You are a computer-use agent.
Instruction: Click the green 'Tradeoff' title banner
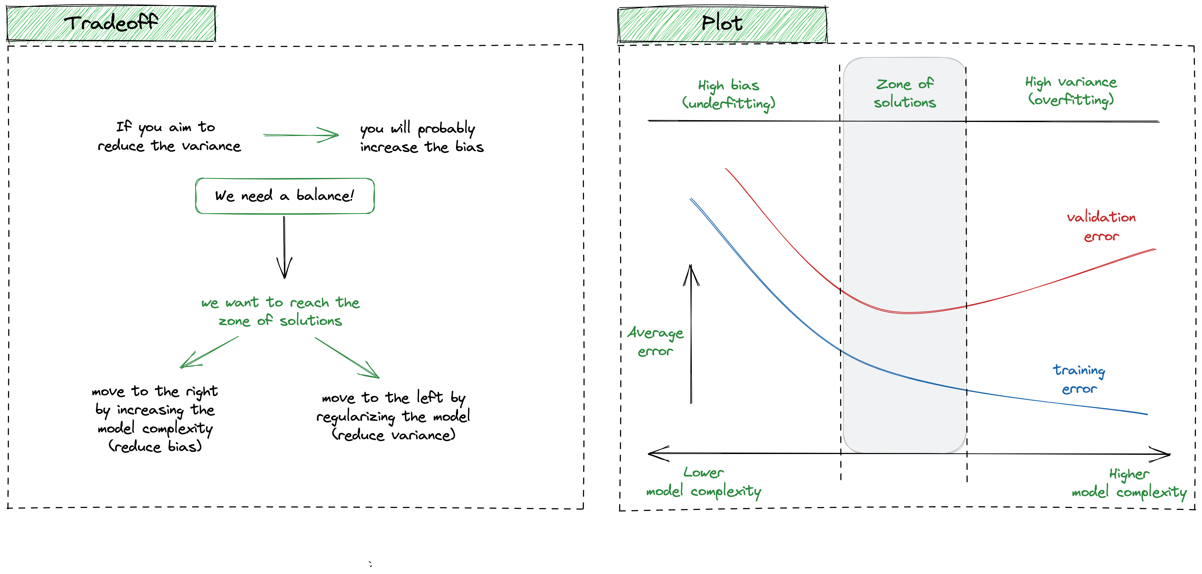tap(111, 23)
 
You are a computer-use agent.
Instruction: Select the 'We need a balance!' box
tap(285, 196)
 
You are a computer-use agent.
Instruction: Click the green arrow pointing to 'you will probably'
tap(301, 135)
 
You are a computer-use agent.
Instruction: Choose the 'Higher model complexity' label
tap(1129, 483)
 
